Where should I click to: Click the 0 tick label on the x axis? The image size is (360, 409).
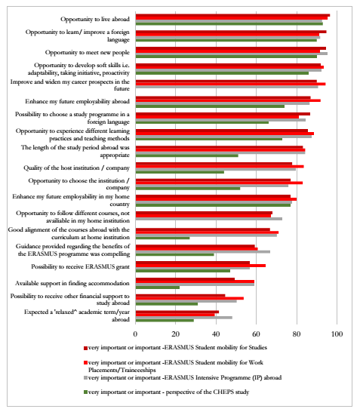click(x=135, y=334)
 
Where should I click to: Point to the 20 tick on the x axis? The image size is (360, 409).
click(x=176, y=334)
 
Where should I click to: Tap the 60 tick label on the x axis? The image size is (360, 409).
click(x=256, y=334)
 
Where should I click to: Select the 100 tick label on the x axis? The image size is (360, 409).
click(x=337, y=334)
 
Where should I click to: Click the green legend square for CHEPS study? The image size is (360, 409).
click(x=85, y=392)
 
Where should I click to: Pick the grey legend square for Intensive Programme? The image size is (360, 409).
click(x=85, y=378)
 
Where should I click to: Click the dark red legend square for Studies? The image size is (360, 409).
click(x=85, y=348)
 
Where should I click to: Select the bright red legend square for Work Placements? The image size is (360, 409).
click(x=85, y=363)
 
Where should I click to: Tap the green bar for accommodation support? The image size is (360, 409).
click(x=158, y=288)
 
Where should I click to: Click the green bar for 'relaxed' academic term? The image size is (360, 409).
click(x=165, y=320)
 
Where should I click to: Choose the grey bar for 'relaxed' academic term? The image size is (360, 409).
click(x=184, y=318)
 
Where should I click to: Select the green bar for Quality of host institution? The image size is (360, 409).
click(x=180, y=172)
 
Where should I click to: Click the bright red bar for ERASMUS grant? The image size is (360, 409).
click(x=201, y=266)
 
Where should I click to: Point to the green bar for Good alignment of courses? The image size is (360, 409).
click(x=162, y=238)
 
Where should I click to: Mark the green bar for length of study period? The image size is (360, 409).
click(x=186, y=155)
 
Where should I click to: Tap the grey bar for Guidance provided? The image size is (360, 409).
click(x=203, y=252)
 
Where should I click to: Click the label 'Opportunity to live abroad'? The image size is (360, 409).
click(x=95, y=20)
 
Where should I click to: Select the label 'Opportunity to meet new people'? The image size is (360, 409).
click(x=88, y=52)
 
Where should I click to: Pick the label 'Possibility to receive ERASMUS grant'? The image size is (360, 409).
click(x=80, y=266)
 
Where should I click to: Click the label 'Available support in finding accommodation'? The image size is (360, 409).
click(x=72, y=283)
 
